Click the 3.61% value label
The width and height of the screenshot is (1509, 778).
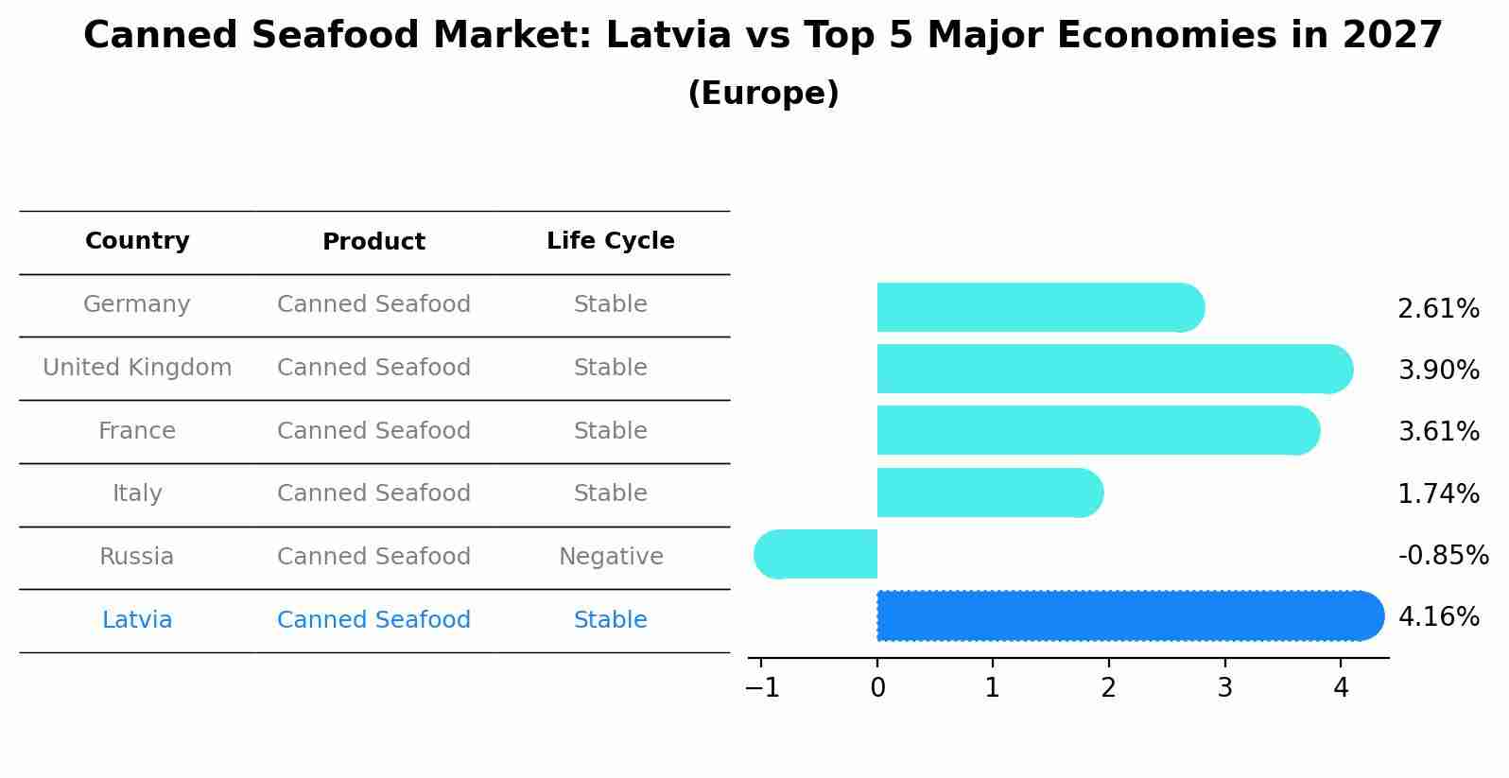pos(1438,432)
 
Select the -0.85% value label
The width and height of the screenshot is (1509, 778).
pos(1443,555)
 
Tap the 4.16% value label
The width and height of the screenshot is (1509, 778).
pos(1438,617)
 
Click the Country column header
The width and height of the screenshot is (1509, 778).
pos(137,241)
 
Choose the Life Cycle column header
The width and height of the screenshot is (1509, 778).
pos(611,241)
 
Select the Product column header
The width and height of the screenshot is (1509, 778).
pos(373,242)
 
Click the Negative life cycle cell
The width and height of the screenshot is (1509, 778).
pos(611,557)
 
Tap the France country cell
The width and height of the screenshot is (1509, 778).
pos(137,431)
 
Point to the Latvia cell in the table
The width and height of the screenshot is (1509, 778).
pos(137,620)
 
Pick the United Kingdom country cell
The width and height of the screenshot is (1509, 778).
pos(137,368)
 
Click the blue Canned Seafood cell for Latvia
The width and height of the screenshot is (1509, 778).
pos(373,620)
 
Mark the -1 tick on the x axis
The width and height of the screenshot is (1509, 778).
pos(762,688)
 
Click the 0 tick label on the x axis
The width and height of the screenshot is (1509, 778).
pos(877,688)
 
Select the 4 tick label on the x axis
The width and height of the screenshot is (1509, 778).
pos(1341,688)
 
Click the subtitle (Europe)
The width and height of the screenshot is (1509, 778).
pos(763,94)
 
